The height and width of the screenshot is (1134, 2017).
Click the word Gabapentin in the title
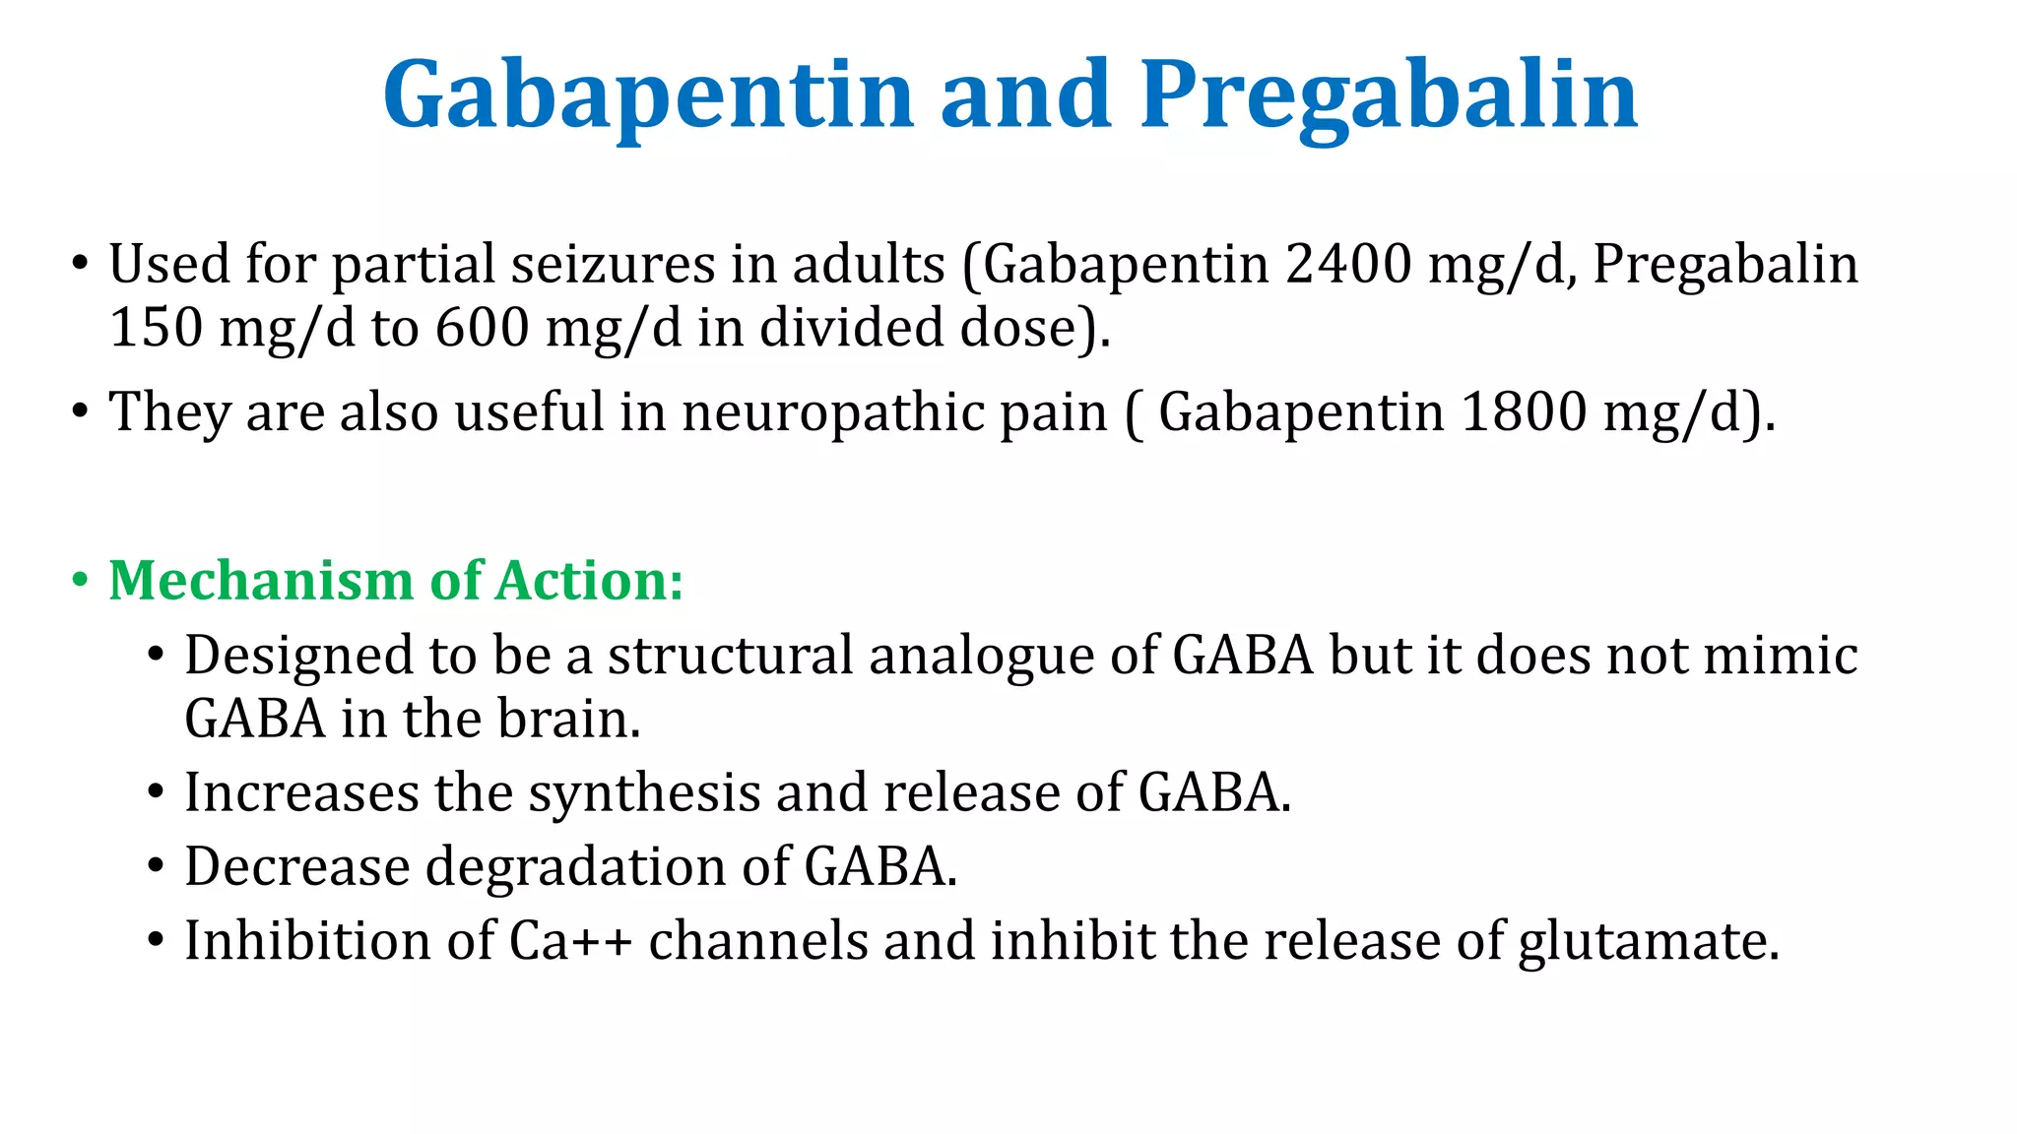(x=649, y=95)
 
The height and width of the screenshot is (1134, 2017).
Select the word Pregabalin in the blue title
(x=1389, y=95)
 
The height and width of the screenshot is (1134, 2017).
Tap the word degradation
(x=575, y=866)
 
